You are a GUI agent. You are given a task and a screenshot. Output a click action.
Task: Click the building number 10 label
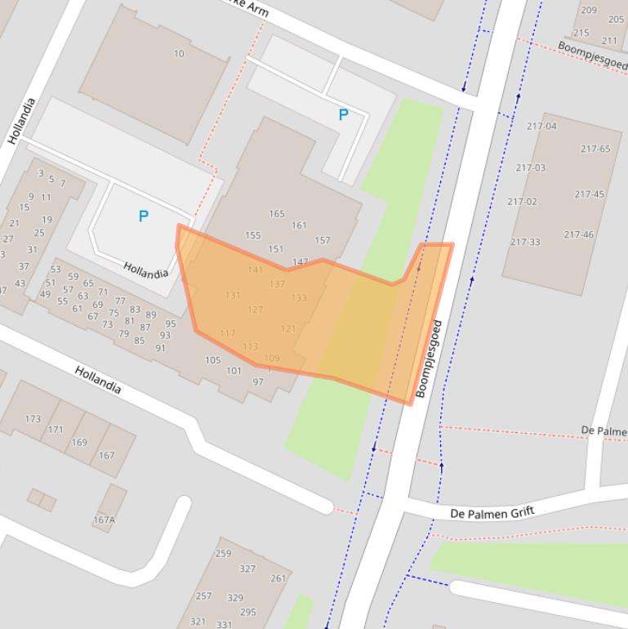(x=179, y=54)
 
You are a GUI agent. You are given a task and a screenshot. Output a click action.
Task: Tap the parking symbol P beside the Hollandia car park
(x=144, y=216)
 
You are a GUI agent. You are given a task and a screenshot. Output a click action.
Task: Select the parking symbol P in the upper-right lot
(x=344, y=115)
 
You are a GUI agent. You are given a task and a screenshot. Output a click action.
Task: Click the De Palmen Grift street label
(x=492, y=513)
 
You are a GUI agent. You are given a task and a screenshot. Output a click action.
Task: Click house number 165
(x=277, y=214)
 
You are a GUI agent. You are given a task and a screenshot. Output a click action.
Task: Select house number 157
(x=323, y=240)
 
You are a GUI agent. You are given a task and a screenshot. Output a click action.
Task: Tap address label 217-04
(x=541, y=126)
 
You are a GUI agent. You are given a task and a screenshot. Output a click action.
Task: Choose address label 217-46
(x=578, y=234)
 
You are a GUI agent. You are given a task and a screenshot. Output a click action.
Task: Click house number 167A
(x=104, y=520)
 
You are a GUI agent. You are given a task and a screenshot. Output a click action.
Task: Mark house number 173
(x=33, y=419)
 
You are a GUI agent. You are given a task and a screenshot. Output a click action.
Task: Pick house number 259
(x=223, y=553)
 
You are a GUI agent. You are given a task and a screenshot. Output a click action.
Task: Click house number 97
(x=258, y=381)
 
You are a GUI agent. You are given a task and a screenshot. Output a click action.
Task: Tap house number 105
(x=212, y=360)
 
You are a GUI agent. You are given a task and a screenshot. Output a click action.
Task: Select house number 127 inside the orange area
(x=255, y=310)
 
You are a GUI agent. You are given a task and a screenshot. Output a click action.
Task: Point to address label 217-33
(x=525, y=242)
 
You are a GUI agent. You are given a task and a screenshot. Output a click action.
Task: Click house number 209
(x=589, y=10)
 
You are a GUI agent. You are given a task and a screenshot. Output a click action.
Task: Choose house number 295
(x=247, y=612)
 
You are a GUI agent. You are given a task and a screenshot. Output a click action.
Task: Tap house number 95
(x=170, y=323)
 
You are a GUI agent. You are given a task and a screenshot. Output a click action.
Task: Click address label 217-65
(x=595, y=149)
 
